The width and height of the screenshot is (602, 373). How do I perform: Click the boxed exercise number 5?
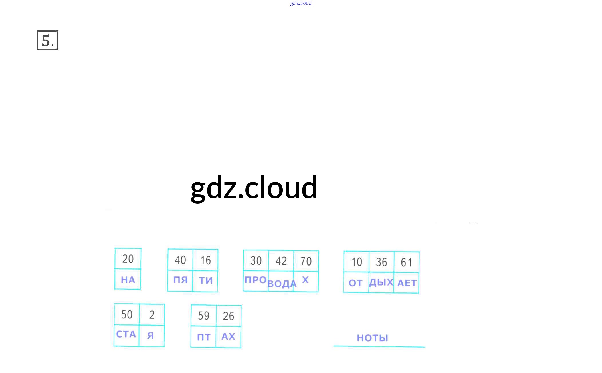47,40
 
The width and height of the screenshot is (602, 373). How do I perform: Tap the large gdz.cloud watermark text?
254,188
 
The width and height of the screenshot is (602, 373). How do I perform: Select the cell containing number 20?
128,259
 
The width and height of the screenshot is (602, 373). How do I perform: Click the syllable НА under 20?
128,280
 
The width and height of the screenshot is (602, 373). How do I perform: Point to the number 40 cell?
180,260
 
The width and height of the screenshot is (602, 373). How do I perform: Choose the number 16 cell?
205,260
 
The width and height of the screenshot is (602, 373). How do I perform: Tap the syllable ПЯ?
180,280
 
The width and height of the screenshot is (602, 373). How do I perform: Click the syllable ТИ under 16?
206,280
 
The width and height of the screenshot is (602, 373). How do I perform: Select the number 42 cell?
281,261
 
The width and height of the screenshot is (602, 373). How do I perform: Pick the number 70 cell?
306,261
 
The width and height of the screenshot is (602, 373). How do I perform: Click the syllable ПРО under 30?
256,280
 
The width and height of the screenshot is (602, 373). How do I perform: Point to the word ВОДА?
282,284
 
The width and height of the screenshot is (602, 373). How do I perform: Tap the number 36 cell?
381,262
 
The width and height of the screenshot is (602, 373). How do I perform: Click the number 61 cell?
406,262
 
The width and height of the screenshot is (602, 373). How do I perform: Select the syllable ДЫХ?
381,282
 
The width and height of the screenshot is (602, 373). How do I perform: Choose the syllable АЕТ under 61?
407,283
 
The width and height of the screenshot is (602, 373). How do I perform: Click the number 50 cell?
127,314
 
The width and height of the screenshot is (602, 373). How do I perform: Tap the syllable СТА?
126,334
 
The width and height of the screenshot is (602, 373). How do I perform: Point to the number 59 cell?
203,316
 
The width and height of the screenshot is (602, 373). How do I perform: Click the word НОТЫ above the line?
372,338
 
